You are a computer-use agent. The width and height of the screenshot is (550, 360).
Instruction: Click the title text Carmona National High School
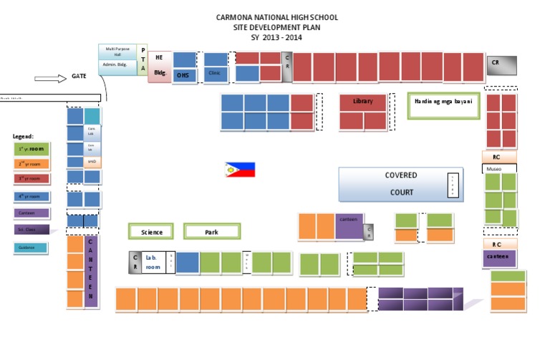(276, 17)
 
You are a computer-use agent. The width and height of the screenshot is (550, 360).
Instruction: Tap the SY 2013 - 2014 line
(276, 37)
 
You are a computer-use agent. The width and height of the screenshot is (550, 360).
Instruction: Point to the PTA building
(143, 60)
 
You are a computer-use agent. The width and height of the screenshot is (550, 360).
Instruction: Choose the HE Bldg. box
(160, 66)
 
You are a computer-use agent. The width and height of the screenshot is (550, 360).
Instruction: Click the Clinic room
(214, 72)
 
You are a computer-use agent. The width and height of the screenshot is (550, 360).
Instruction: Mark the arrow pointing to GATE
(49, 78)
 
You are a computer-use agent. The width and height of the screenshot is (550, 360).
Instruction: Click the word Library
(363, 102)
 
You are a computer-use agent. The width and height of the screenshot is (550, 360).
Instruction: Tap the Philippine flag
(240, 170)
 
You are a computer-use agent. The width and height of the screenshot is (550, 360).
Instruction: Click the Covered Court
(401, 184)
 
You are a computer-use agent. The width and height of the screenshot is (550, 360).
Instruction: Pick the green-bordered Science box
(152, 232)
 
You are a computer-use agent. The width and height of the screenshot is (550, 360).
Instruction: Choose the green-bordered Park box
(211, 232)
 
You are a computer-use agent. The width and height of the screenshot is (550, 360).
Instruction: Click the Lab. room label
(153, 262)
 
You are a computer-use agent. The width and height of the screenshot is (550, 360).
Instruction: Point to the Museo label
(495, 169)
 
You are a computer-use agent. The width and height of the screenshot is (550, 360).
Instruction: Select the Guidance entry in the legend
(30, 248)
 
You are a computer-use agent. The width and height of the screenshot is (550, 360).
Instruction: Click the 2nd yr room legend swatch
(30, 164)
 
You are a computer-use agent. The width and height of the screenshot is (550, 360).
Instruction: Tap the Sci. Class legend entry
(30, 230)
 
